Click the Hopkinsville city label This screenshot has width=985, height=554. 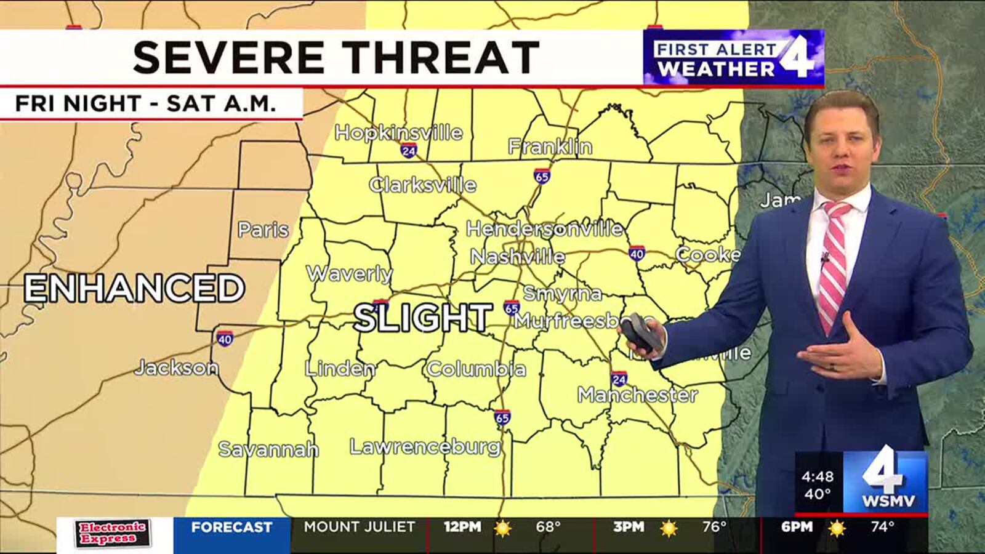398,132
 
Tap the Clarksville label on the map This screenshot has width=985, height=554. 423,185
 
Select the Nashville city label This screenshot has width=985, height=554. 518,256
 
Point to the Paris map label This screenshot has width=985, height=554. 263,230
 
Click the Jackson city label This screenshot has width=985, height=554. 177,368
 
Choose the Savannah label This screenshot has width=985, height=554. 268,449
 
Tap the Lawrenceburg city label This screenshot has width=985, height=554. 425,446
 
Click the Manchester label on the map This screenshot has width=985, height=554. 637,395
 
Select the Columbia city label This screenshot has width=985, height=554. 476,369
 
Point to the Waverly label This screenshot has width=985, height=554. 349,273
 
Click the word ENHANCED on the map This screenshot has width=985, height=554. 134,288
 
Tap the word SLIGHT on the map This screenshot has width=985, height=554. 423,318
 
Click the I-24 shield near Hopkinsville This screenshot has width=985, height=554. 409,150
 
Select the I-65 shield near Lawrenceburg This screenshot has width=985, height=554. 502,419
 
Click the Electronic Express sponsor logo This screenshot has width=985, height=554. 113,534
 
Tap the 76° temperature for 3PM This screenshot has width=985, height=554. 715,527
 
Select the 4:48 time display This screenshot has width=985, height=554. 818,476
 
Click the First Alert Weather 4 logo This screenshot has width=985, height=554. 733,58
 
